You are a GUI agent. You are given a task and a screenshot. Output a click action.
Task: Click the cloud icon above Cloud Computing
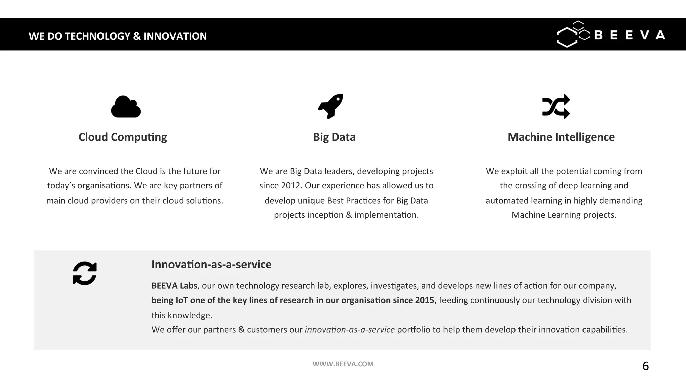click(x=126, y=107)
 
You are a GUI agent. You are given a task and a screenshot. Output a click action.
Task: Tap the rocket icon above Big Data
click(x=331, y=106)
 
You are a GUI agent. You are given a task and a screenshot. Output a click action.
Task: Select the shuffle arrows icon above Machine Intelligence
click(x=556, y=107)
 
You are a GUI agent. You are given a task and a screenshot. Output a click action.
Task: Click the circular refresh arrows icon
click(x=85, y=273)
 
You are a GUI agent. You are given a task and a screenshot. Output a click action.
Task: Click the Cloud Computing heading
click(x=123, y=137)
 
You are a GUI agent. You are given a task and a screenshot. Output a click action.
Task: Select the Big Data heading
click(x=334, y=137)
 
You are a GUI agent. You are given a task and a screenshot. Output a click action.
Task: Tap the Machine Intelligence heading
click(x=561, y=137)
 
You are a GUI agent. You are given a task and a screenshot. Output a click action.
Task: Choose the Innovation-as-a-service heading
click(x=211, y=264)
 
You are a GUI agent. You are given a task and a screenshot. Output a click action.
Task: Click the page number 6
click(x=645, y=366)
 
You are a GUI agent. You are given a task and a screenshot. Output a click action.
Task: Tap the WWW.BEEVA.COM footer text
click(x=343, y=364)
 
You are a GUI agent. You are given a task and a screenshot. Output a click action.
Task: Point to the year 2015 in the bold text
click(x=424, y=300)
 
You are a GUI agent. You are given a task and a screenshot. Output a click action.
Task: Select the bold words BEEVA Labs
click(x=174, y=286)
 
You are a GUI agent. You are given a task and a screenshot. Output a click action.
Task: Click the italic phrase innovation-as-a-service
click(x=349, y=330)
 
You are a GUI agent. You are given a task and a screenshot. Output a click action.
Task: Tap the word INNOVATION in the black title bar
click(x=175, y=36)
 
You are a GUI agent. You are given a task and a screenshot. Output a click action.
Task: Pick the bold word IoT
click(x=182, y=300)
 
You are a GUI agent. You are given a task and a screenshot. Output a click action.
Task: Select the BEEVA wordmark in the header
click(x=629, y=35)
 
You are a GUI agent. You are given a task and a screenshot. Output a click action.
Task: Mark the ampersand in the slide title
click(x=137, y=36)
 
